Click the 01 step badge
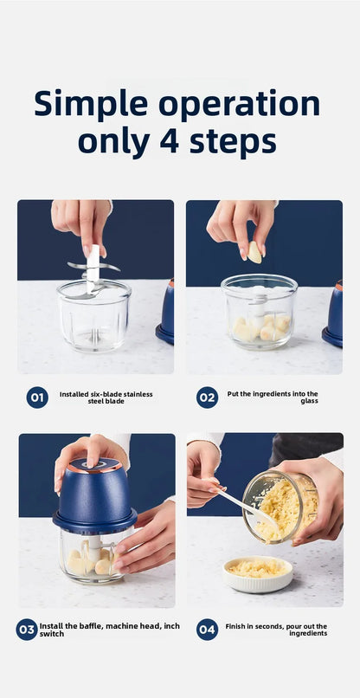(x=37, y=397)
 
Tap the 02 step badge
(x=207, y=397)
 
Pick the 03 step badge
(x=27, y=630)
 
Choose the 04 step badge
(x=207, y=630)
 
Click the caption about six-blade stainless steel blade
(x=106, y=397)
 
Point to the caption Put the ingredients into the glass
(x=273, y=397)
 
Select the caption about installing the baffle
(x=110, y=630)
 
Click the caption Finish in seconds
(x=276, y=630)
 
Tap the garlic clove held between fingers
(x=254, y=251)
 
